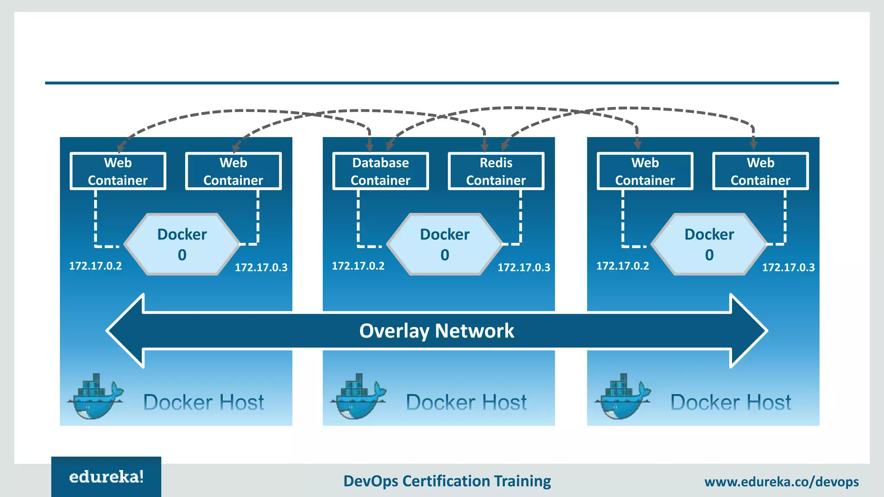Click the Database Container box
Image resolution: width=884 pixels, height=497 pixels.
click(x=380, y=171)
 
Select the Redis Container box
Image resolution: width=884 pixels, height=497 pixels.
click(x=496, y=171)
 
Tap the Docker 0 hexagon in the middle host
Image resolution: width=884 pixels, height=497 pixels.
click(x=445, y=244)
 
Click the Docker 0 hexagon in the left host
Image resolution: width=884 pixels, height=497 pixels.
click(x=182, y=244)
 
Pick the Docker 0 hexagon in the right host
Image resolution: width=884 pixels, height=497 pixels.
click(x=709, y=244)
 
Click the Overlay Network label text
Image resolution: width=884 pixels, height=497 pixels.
click(x=436, y=331)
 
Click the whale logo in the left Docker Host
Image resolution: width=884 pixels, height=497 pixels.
click(x=95, y=396)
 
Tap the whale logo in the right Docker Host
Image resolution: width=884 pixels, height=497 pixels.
click(x=623, y=396)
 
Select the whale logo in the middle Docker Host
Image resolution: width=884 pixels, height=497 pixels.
click(x=358, y=396)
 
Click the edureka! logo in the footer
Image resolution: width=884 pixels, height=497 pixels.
click(x=106, y=477)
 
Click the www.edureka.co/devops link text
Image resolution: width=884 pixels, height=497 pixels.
click(x=781, y=481)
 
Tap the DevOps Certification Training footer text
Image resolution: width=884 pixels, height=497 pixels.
click(x=447, y=481)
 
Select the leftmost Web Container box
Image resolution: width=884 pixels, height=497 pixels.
click(x=118, y=171)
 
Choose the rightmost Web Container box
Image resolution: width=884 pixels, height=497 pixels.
click(x=760, y=171)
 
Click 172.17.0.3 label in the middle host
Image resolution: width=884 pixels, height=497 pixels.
click(x=524, y=267)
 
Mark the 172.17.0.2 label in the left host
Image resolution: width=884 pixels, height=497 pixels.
click(x=95, y=266)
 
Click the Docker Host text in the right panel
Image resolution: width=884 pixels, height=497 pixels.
click(x=730, y=403)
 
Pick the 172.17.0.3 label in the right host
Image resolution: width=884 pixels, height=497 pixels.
click(x=788, y=267)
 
